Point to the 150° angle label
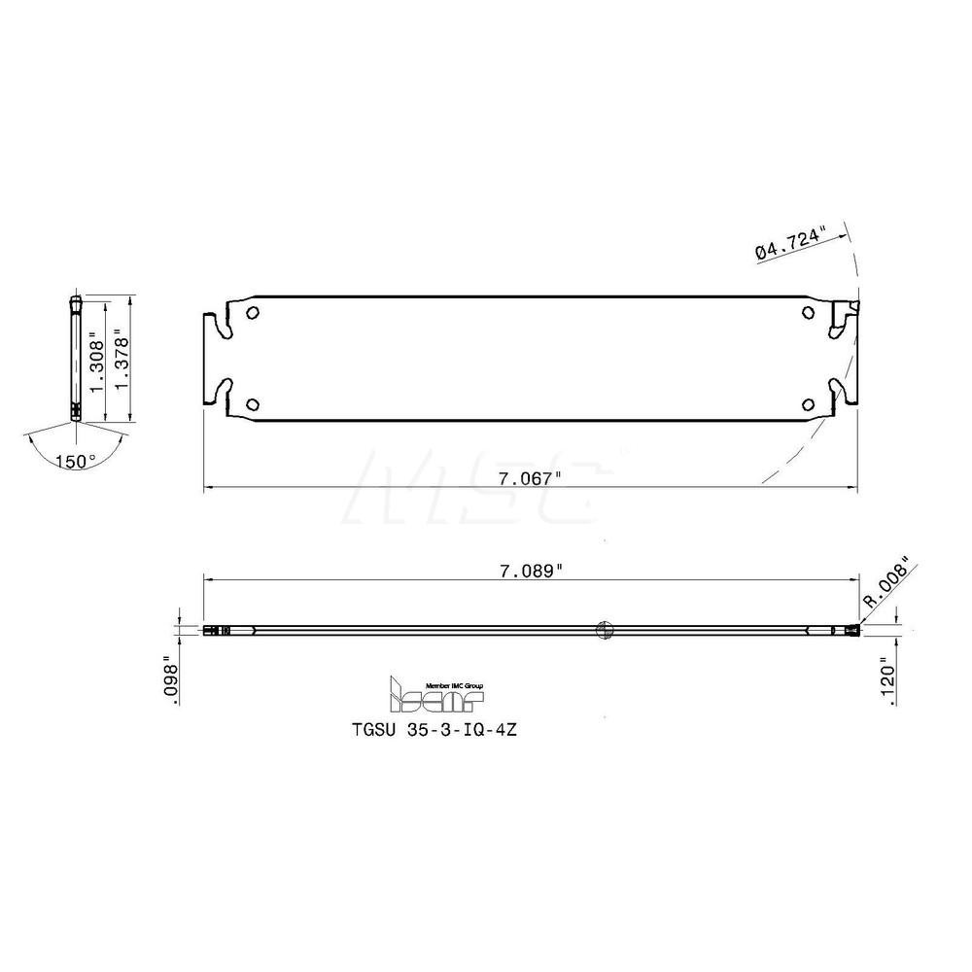[x=75, y=461]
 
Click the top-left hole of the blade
[x=253, y=313]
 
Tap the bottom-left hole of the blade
[x=253, y=404]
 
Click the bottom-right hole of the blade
[x=809, y=404]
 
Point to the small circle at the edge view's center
[x=603, y=629]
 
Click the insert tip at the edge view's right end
[x=851, y=631]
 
